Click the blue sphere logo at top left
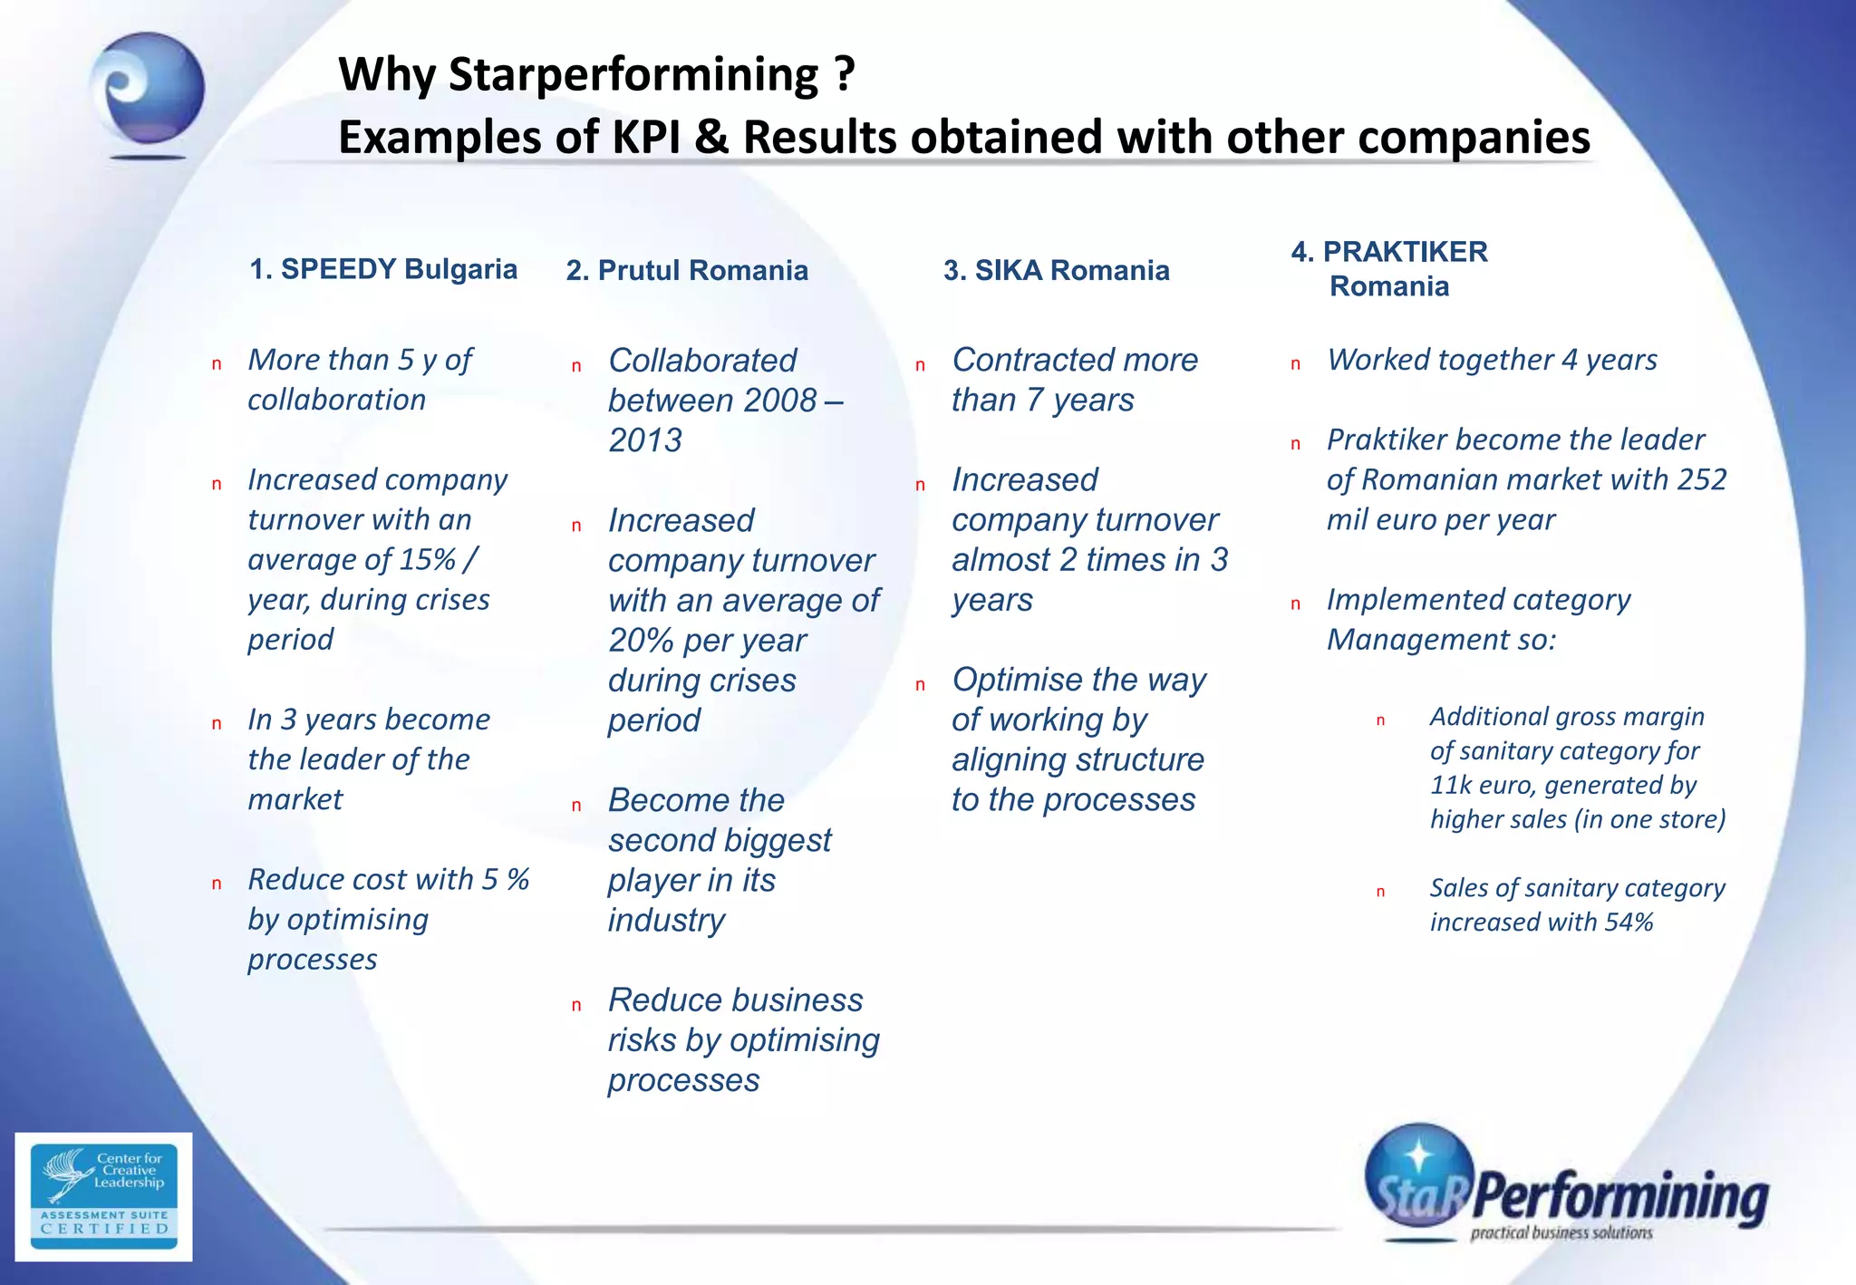[148, 91]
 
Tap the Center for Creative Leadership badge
[103, 1195]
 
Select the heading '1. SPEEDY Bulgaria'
[382, 269]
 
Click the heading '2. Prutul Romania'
[686, 270]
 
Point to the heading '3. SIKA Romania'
[1056, 270]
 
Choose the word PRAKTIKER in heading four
[1405, 252]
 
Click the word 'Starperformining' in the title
[633, 74]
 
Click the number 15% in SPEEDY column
[427, 560]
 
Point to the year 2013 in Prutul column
[644, 440]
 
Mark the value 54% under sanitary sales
[1629, 923]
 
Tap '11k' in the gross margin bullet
[1451, 785]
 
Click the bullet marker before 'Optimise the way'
[920, 685]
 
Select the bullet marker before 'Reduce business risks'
[576, 1005]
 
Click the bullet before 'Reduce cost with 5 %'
[217, 884]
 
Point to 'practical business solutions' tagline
[1561, 1232]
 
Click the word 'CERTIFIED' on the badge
[105, 1229]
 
